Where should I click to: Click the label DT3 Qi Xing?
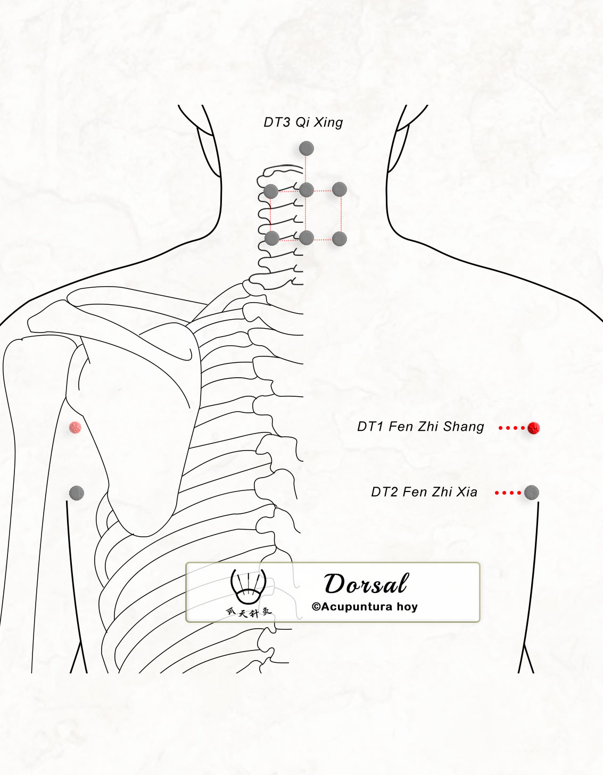click(x=303, y=123)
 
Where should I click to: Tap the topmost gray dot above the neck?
click(x=306, y=148)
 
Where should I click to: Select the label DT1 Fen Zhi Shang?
click(x=420, y=427)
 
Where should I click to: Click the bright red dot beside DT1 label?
click(x=533, y=428)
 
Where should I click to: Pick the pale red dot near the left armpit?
click(x=75, y=427)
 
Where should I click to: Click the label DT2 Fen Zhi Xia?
click(x=424, y=492)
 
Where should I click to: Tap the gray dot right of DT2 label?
click(x=531, y=493)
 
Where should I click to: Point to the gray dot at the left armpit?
click(x=76, y=493)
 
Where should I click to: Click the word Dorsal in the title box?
click(x=366, y=584)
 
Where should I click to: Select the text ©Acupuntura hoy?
click(x=364, y=607)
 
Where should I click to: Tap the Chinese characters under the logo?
click(x=249, y=612)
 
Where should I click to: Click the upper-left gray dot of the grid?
click(x=271, y=191)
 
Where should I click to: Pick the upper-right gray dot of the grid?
click(x=340, y=189)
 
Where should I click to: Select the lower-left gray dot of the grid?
click(x=272, y=238)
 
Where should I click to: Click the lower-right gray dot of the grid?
click(x=340, y=239)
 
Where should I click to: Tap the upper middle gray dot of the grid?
click(x=306, y=190)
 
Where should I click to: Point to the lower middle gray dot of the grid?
click(x=306, y=238)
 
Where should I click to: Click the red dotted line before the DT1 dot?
click(x=511, y=428)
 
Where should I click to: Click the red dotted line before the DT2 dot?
click(x=508, y=493)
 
